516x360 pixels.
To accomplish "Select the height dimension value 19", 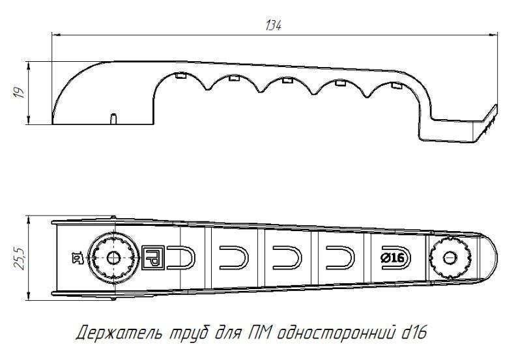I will (19, 93).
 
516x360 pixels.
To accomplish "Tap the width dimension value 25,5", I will (20, 258).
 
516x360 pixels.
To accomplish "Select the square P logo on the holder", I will (151, 258).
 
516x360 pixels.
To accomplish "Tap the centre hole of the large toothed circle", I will (115, 258).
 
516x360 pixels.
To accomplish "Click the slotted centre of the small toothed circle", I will (449, 258).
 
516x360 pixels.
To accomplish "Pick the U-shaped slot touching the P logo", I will (181, 258).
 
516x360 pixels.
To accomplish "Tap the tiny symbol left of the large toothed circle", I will (78, 258).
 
